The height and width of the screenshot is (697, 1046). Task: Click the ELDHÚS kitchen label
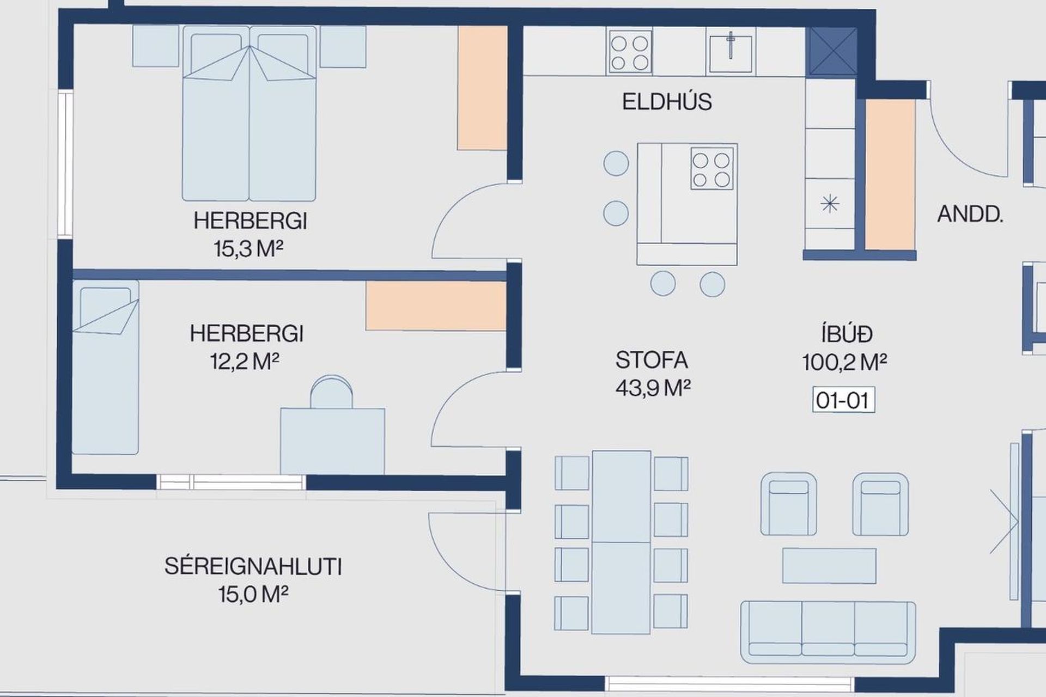[667, 102]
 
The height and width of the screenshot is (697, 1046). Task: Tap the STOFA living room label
[652, 360]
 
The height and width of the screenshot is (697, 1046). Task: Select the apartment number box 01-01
[843, 400]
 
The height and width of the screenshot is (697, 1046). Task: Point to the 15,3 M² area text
[248, 249]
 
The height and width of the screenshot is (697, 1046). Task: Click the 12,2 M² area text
[245, 361]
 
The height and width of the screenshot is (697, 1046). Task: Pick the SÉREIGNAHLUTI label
[253, 566]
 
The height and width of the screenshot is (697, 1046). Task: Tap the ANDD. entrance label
[970, 215]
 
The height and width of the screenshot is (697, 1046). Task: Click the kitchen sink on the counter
[730, 52]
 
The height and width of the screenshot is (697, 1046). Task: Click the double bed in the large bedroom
[249, 113]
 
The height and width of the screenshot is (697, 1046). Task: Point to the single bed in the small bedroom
[106, 367]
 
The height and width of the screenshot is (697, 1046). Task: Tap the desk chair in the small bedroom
[331, 392]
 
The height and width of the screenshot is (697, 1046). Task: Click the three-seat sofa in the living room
[828, 632]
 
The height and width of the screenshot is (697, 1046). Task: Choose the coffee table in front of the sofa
[829, 566]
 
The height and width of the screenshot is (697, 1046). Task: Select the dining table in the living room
[621, 542]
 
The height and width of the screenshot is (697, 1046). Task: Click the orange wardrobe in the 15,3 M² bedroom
[482, 88]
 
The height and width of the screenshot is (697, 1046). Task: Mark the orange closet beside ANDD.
[890, 175]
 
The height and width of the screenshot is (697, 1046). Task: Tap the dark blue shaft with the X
[831, 52]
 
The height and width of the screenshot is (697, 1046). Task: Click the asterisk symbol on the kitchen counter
[830, 204]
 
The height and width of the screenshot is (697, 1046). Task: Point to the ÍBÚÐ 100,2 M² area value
[844, 362]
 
